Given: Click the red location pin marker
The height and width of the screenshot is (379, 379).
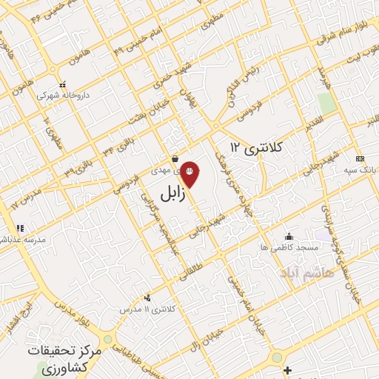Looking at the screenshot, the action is tap(190, 172).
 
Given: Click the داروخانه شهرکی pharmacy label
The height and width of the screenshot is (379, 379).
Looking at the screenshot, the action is tap(61, 96).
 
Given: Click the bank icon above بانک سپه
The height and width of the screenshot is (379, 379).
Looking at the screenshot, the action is tap(360, 159).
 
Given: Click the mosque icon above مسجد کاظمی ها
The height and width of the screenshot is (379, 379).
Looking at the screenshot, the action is tap(288, 237).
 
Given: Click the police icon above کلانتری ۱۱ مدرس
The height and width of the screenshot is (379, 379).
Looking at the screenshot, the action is tap(147, 297).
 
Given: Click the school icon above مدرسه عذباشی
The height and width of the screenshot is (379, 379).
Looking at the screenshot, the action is tap(19, 228).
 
